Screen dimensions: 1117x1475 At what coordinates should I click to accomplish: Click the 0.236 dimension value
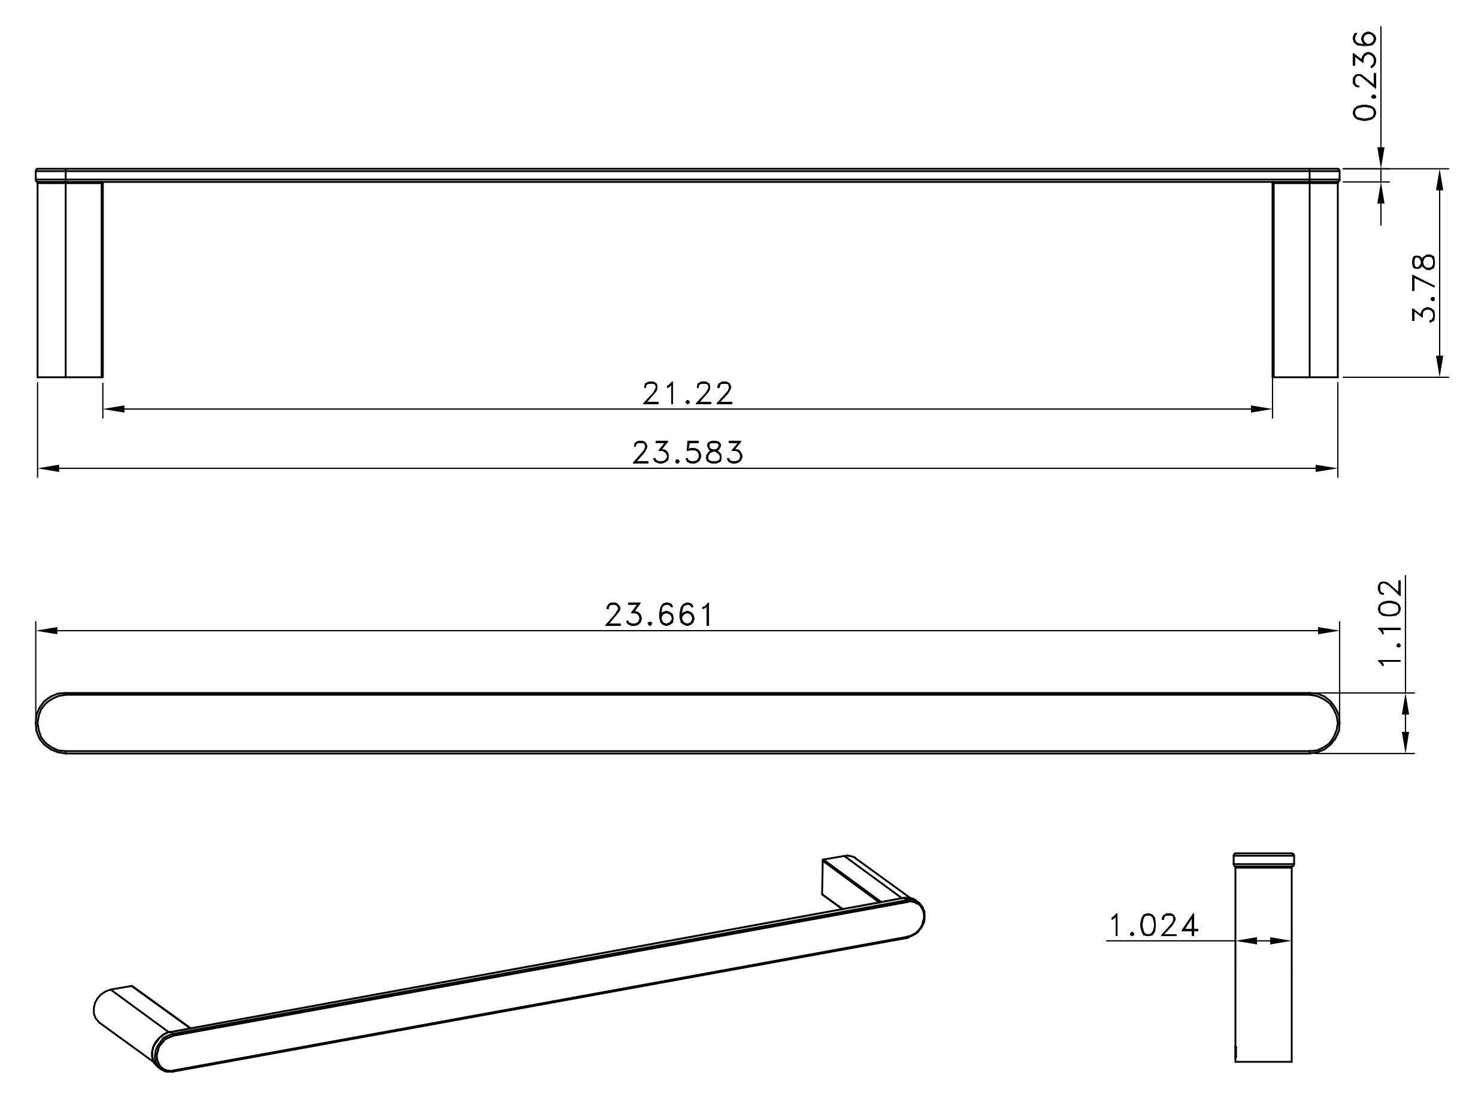1365,75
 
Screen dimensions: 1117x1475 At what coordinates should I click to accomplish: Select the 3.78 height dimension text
1423,287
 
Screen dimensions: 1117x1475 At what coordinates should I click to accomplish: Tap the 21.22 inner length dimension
687,393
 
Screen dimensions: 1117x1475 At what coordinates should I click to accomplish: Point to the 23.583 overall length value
687,453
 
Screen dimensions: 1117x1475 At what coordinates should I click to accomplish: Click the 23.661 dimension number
659,615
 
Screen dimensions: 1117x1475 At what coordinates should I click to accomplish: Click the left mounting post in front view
70,280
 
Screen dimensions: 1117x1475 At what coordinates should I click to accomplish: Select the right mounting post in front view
1305,280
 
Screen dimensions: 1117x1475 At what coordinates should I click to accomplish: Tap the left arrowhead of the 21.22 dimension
114,409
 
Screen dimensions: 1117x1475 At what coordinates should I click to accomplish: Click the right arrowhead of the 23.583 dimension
1327,468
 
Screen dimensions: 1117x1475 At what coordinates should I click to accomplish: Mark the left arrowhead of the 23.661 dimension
47,630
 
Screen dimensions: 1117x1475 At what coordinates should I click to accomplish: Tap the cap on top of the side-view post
1264,859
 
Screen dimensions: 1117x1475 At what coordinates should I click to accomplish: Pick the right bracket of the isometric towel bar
860,880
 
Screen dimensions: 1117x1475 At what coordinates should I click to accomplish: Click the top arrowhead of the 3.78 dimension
1439,180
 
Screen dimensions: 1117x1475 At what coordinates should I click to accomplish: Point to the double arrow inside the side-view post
1264,941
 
